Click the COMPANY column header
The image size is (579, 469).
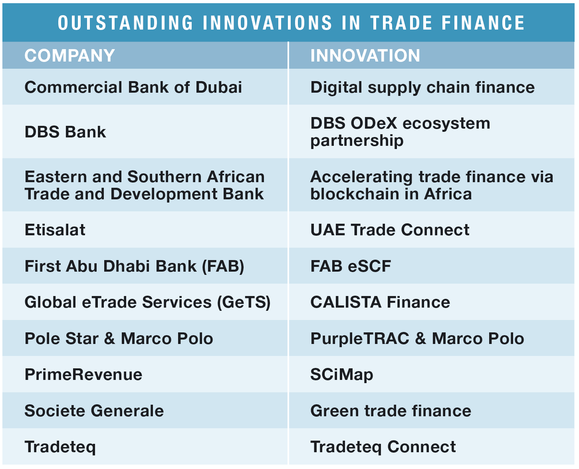pyautogui.click(x=69, y=56)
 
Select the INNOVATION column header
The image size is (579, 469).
pyautogui.click(x=365, y=56)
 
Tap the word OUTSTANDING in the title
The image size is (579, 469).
pyautogui.click(x=125, y=22)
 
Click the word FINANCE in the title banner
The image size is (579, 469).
pyautogui.click(x=483, y=22)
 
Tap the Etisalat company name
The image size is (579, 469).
pyautogui.click(x=55, y=230)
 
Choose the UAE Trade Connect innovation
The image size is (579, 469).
pyautogui.click(x=390, y=230)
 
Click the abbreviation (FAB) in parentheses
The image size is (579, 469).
pyautogui.click(x=223, y=266)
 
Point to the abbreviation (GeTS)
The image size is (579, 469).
pyautogui.click(x=244, y=302)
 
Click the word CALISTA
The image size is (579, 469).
pyautogui.click(x=346, y=302)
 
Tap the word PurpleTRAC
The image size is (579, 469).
pyautogui.click(x=360, y=339)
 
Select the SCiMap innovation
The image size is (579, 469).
pyautogui.click(x=342, y=375)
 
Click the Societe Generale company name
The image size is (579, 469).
pyautogui.click(x=94, y=411)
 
